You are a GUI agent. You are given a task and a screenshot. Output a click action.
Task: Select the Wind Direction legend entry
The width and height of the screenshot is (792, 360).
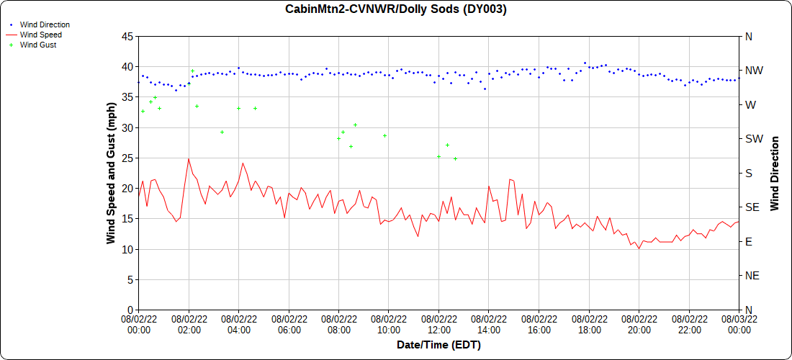coord(45,24)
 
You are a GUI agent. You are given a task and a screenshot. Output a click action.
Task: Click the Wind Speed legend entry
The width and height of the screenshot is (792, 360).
coord(40,35)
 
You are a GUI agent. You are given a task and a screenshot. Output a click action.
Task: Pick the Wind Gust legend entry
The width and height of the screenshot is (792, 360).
coord(38,45)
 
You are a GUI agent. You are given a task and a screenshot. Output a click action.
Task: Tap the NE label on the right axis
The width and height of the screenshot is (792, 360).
coord(752,276)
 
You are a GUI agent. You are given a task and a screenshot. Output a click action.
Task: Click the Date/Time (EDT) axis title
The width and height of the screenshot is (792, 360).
coord(438,346)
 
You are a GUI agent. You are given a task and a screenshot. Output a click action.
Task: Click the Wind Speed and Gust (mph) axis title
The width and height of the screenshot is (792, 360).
coord(111,173)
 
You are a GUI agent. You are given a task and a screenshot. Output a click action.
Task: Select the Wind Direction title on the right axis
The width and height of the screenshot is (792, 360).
coord(775,173)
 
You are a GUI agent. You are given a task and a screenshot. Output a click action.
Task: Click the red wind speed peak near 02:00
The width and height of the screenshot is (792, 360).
coord(189,159)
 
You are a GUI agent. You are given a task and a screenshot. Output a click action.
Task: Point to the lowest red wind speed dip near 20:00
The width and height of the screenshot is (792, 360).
coord(639,249)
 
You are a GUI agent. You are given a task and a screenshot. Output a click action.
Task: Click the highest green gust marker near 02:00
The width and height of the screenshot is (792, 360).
coord(192,71)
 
